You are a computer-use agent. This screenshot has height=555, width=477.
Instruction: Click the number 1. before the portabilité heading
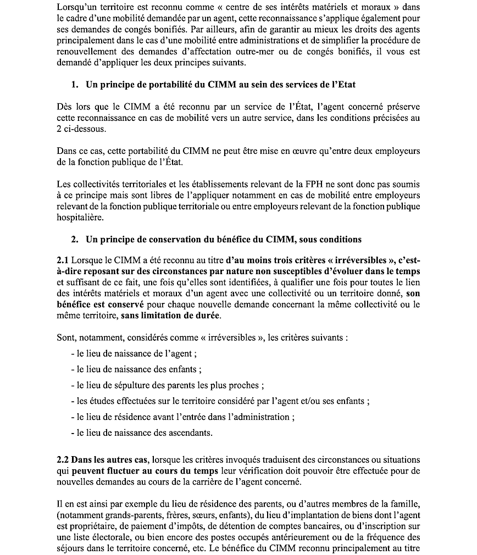tap(75, 84)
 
